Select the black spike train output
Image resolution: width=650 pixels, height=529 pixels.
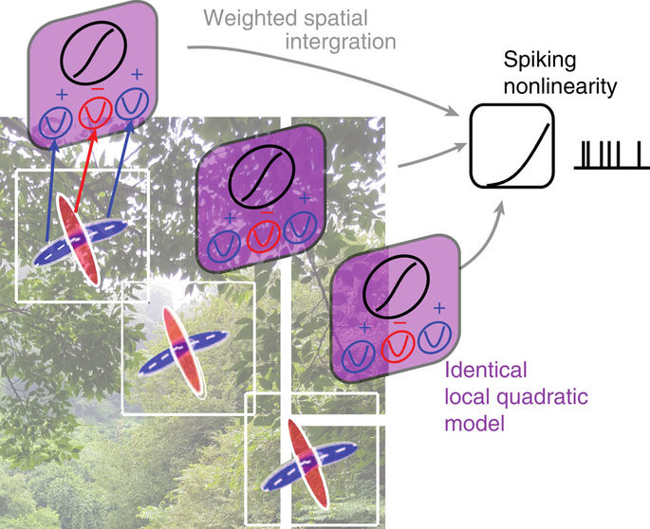coord(609,154)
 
